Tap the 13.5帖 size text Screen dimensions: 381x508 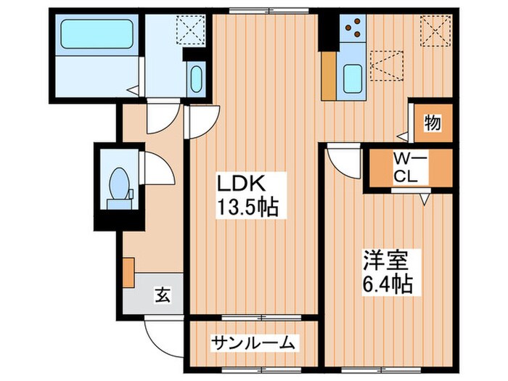click(x=247, y=208)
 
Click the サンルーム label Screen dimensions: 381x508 click(x=253, y=342)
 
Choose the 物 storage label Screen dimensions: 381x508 click(x=433, y=123)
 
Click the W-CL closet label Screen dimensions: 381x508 click(x=403, y=168)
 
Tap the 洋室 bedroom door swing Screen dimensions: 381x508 click(x=341, y=159)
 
